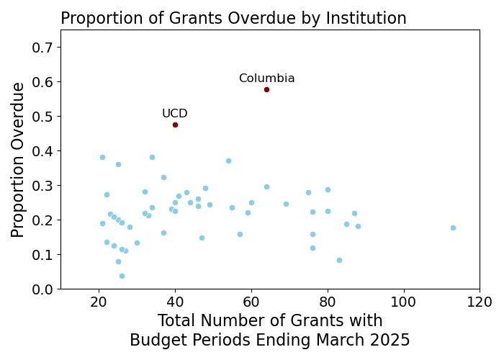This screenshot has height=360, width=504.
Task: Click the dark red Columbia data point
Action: click(x=266, y=89)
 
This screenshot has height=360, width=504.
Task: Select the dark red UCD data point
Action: click(x=175, y=125)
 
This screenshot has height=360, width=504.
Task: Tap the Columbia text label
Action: click(x=266, y=78)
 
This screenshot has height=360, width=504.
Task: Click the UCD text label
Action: click(x=175, y=114)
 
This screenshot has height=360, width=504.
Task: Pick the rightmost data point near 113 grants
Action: click(x=453, y=228)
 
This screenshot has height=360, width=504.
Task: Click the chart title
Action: click(x=233, y=18)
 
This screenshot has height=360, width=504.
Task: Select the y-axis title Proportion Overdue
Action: click(x=19, y=159)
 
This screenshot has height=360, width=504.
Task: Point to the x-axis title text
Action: click(x=270, y=330)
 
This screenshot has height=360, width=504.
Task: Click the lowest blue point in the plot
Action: click(x=122, y=276)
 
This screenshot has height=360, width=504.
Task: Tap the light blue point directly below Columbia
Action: click(x=266, y=186)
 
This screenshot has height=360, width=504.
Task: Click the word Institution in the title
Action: click(x=367, y=18)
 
